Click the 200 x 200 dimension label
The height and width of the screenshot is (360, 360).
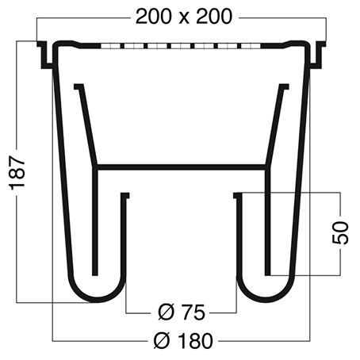184,17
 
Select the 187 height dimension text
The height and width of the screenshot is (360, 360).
17,173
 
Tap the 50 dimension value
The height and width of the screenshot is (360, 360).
340,233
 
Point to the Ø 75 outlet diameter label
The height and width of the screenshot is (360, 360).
182,312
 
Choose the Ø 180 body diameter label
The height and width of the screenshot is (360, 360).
183,341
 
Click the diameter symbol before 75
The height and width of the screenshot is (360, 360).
167,312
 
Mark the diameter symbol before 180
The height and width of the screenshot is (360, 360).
162,341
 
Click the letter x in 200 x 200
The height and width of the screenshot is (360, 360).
184,19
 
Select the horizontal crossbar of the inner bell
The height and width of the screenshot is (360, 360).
181,167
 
